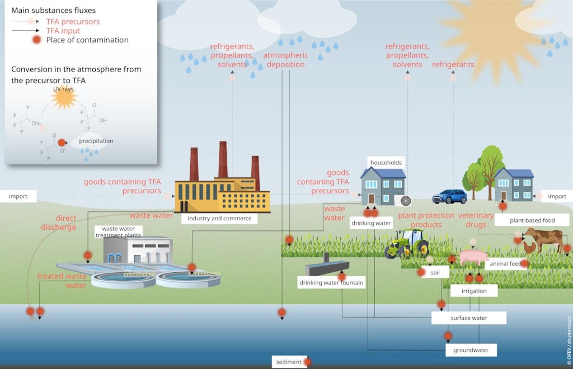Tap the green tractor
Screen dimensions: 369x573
pos(407,243)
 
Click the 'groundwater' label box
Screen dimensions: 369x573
pos(471,350)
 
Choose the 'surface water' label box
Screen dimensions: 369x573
pos(468,318)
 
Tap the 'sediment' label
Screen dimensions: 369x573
pos(289,362)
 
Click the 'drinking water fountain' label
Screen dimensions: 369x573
pos(331,283)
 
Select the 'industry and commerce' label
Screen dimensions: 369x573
pos(219,218)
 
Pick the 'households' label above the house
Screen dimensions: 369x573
pos(386,162)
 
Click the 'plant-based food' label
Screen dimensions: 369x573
pos(532,220)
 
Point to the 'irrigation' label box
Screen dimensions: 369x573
pos(473,291)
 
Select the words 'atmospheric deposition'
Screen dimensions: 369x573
pos(285,60)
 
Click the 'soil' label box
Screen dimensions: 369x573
pos(435,273)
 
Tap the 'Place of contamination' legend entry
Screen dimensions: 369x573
pos(87,40)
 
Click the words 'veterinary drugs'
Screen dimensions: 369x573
pos(476,220)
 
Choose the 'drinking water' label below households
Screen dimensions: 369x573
pos(371,223)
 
